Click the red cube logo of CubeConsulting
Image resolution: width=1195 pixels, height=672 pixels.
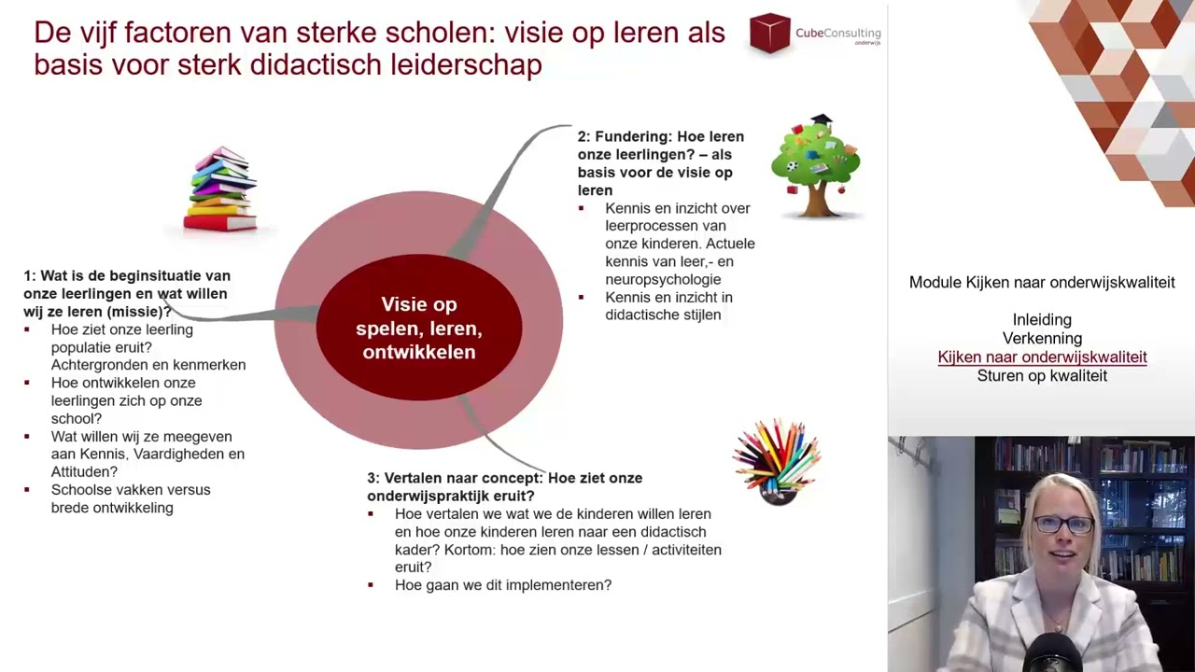point(769,34)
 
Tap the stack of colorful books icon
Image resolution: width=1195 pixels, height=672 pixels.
point(220,189)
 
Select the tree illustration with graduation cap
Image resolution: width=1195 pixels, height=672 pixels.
point(815,166)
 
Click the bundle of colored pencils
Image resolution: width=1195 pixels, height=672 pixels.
point(777,461)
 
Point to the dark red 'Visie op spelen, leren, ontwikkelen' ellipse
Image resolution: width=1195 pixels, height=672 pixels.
point(418,328)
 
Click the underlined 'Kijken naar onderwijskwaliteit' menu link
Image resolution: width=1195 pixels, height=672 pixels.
point(1042,357)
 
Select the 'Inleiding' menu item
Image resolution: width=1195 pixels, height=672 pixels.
point(1042,320)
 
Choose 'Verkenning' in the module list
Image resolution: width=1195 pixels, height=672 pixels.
point(1042,339)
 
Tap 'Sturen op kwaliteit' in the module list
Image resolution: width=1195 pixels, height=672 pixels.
point(1042,376)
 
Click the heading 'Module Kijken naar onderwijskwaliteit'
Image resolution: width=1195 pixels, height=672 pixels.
point(1042,283)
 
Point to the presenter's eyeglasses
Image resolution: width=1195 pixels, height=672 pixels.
point(1062,524)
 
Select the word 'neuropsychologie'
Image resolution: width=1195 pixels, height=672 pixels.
point(663,279)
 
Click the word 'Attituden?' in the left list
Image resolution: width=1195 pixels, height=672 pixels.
point(84,472)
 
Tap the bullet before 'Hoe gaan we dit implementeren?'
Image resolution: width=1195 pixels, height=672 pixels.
point(371,585)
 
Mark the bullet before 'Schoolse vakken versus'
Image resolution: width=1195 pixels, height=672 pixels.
point(27,490)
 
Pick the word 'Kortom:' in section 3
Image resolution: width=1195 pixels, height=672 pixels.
point(470,550)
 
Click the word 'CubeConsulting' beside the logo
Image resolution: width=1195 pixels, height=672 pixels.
point(837,34)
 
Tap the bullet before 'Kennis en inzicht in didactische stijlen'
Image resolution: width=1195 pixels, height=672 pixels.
point(581,298)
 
